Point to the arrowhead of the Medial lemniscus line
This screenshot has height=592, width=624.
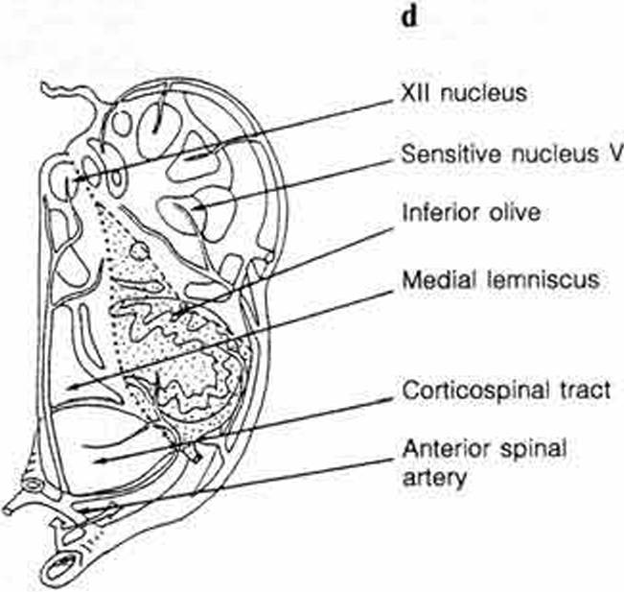tap(69, 387)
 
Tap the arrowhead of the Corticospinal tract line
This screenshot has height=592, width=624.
tap(97, 462)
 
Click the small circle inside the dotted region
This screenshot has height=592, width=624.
tap(140, 252)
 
